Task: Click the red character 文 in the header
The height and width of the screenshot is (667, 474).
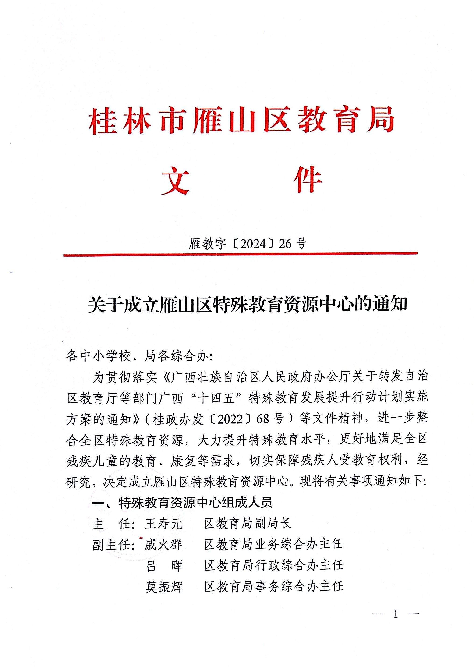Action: click(175, 181)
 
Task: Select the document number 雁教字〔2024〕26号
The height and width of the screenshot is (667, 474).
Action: click(247, 243)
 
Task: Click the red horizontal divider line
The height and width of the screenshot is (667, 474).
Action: click(240, 254)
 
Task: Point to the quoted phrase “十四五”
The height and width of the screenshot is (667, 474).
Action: click(216, 398)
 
